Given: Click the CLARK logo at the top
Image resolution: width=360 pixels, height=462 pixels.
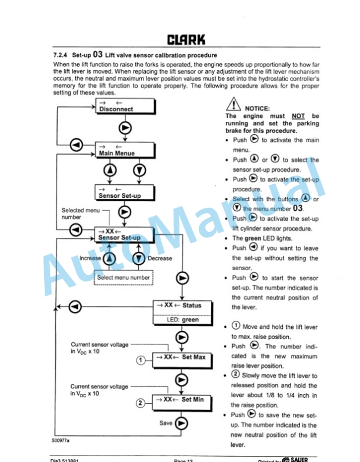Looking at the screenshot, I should pyautogui.click(x=186, y=40).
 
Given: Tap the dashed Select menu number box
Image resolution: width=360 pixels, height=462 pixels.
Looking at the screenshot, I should pyautogui.click(x=124, y=277).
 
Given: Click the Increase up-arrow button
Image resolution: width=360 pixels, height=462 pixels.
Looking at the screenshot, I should pyautogui.click(x=109, y=258).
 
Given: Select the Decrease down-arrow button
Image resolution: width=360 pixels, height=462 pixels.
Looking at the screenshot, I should pyautogui.click(x=138, y=258).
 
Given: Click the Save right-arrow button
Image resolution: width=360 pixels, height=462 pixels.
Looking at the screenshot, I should pyautogui.click(x=182, y=423).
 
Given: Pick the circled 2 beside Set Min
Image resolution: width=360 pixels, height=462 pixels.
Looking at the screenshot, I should pyautogui.click(x=140, y=403).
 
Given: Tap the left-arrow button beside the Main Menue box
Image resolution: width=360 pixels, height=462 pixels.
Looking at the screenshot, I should pyautogui.click(x=76, y=145).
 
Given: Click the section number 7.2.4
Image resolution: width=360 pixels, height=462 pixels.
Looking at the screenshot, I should pyautogui.click(x=62, y=56).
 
